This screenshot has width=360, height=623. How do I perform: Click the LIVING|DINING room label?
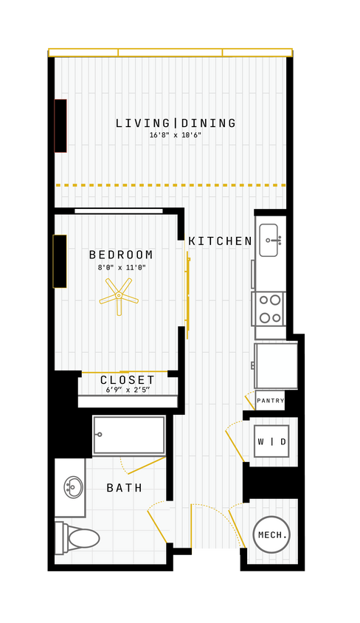coord(176,123)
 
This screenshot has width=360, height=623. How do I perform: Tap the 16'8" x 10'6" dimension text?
coord(176,136)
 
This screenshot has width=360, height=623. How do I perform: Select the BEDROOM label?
coord(122,255)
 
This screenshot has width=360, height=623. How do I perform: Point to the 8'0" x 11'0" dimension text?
coord(122,268)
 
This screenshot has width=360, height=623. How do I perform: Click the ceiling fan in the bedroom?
coord(119,297)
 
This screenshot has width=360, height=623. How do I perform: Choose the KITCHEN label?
coord(221,241)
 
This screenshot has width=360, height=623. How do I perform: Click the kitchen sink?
coord(269,240)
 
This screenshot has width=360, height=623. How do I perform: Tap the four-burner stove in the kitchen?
coord(269,309)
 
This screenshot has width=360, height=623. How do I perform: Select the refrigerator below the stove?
coord(276,365)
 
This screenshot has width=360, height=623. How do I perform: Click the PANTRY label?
coord(271,401)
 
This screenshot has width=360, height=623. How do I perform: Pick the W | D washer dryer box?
coord(271,441)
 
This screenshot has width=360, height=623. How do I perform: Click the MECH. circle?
coord(271,534)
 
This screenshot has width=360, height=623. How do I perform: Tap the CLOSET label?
coord(128,380)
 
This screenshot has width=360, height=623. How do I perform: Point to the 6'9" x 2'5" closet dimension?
coord(128,390)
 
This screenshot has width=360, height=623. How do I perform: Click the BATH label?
coord(125,488)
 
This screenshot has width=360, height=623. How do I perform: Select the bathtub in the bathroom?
coord(129,436)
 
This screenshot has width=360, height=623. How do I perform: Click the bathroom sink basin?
coord(73,487)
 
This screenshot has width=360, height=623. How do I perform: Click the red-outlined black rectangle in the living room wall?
coord(60,125)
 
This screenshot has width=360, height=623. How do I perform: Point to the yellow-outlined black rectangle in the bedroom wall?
coord(60,261)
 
